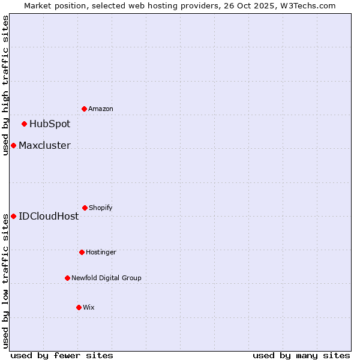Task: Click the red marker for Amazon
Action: click(85, 109)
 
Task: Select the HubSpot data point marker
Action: click(25, 124)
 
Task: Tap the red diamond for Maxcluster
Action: click(13, 146)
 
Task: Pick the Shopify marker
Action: click(85, 208)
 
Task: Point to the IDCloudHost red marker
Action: click(13, 216)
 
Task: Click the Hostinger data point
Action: click(82, 252)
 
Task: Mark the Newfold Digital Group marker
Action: click(67, 278)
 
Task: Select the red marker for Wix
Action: click(79, 307)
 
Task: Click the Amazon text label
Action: click(101, 109)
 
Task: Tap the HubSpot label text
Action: click(50, 124)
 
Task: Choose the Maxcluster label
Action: click(44, 146)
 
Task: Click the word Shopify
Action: click(101, 208)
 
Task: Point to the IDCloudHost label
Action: click(49, 216)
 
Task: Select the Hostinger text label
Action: click(101, 252)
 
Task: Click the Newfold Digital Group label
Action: click(106, 278)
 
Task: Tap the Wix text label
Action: click(89, 307)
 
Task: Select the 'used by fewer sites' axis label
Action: click(62, 355)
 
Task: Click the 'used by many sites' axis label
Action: click(301, 355)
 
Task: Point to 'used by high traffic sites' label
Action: click(5, 85)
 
